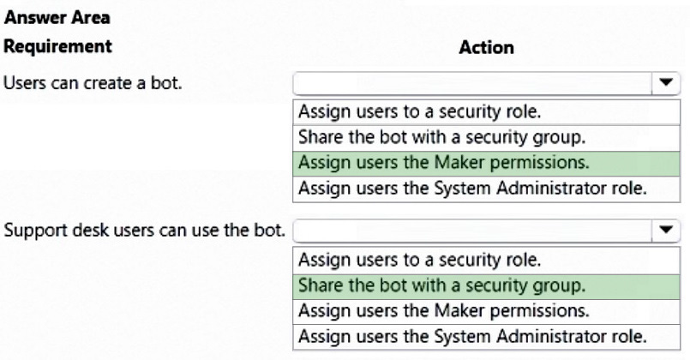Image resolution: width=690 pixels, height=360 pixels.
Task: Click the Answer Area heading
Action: tap(57, 18)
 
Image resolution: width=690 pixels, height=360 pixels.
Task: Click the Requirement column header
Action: tap(58, 46)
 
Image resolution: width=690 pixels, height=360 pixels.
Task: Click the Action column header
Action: tap(486, 47)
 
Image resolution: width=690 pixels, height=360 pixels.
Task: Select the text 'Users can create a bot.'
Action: tap(93, 83)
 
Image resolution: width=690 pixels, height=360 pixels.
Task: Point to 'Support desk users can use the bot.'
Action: tap(144, 231)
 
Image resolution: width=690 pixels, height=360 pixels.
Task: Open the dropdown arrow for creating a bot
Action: tap(666, 82)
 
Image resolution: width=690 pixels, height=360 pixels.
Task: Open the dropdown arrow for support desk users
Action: tap(666, 230)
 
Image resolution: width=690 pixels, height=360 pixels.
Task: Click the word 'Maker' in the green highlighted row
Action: tap(459, 162)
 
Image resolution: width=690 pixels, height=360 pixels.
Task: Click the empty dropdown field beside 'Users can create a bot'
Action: tap(472, 83)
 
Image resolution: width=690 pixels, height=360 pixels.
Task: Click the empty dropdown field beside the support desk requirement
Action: tap(472, 231)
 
